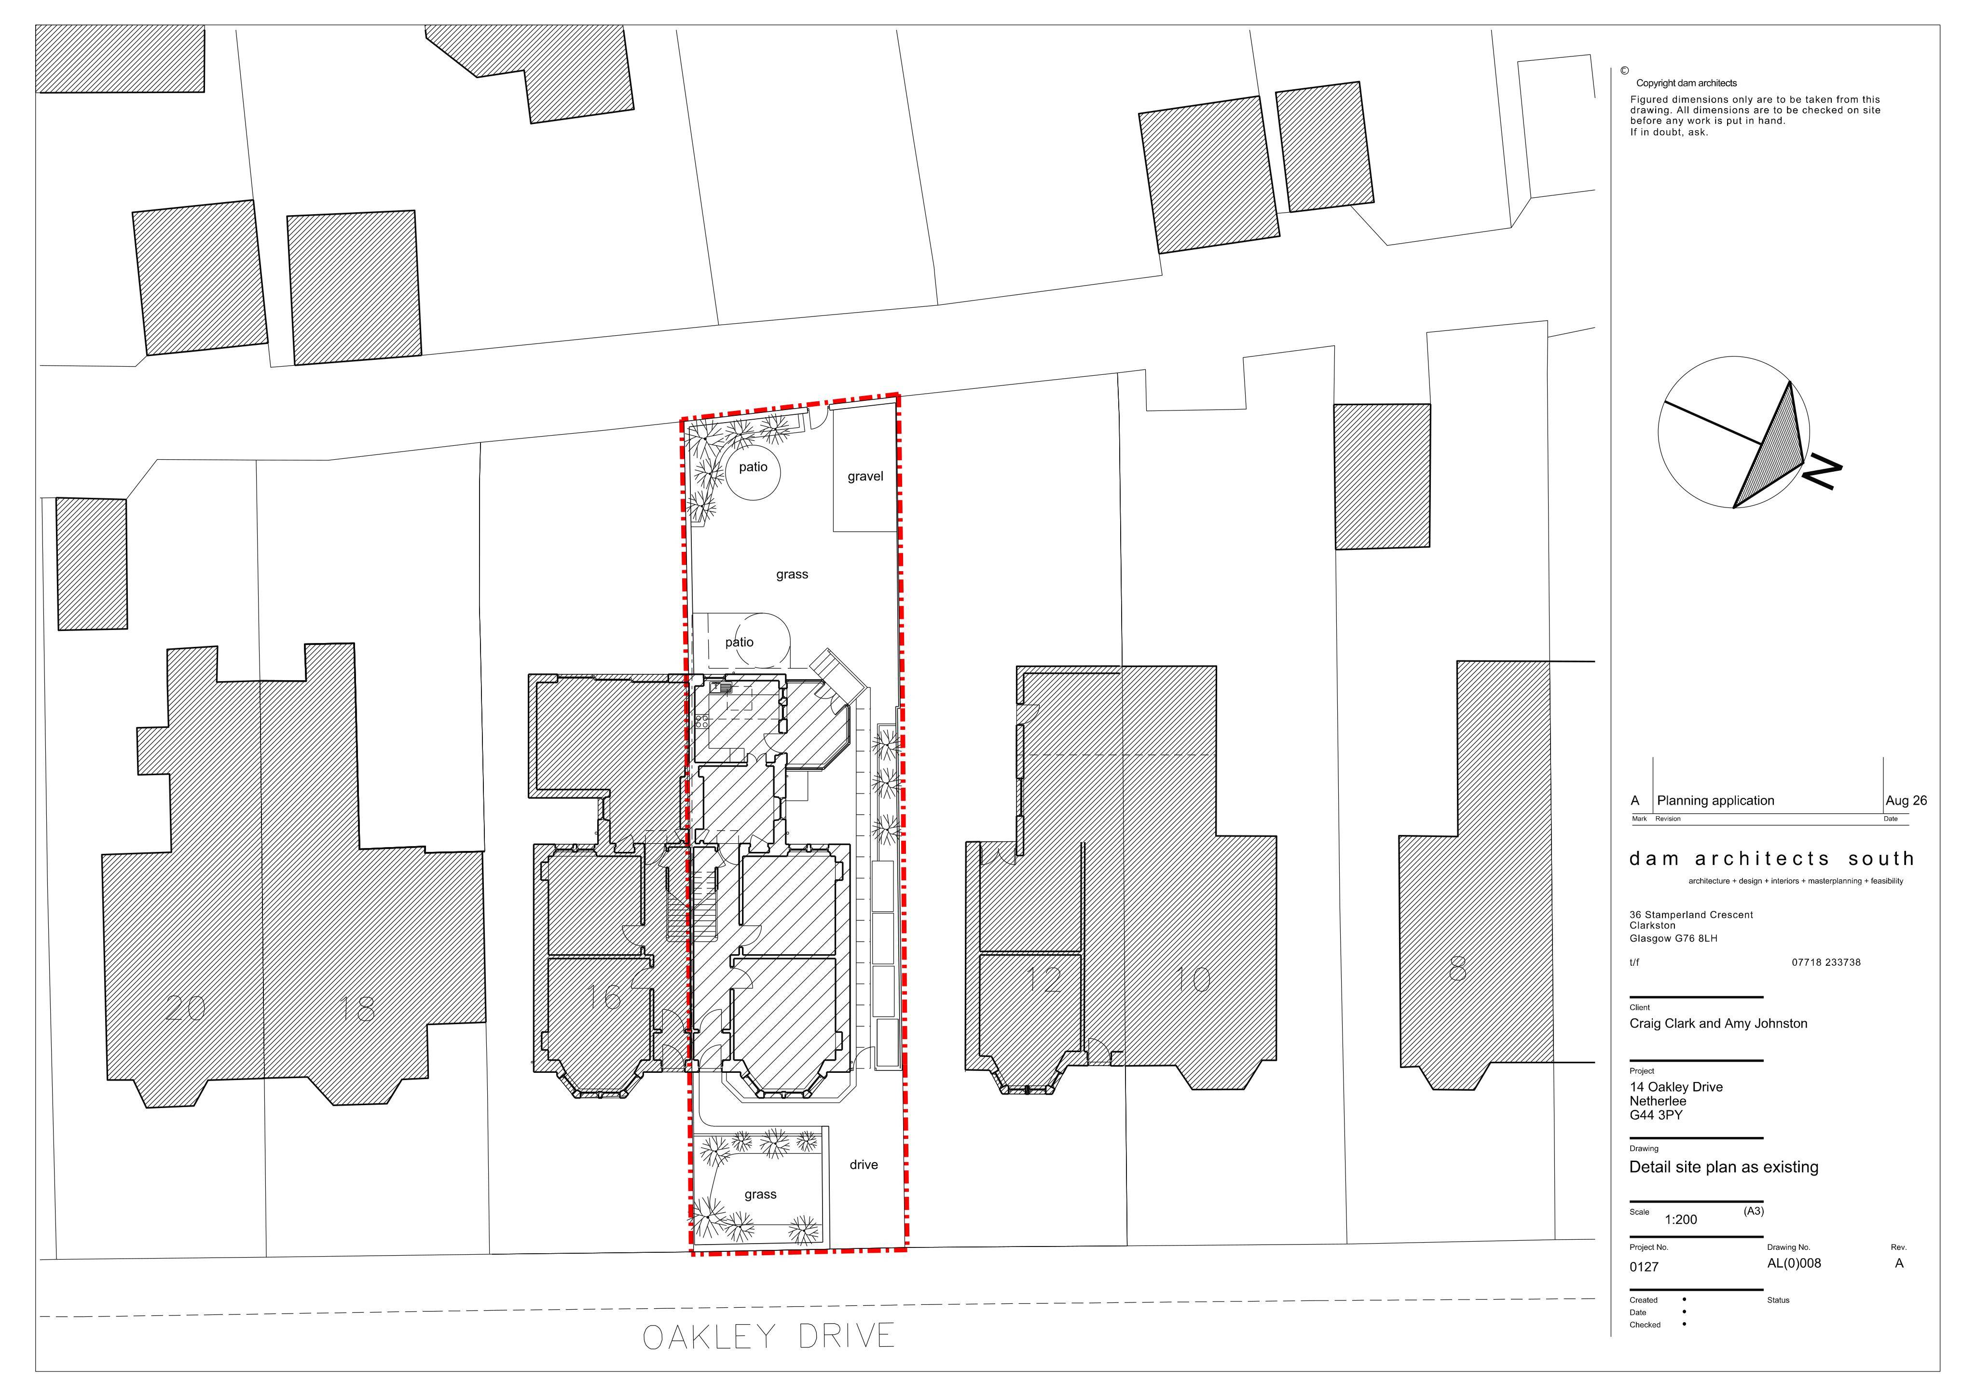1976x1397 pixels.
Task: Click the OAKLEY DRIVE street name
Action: click(x=768, y=1337)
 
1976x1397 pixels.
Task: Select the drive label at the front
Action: click(x=863, y=1164)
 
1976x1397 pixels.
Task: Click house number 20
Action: click(x=185, y=1008)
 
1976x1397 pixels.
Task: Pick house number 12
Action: click(x=1045, y=980)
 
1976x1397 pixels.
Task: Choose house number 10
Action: click(x=1194, y=980)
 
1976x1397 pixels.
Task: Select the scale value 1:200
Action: click(x=1681, y=1219)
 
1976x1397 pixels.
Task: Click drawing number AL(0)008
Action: click(x=1795, y=1263)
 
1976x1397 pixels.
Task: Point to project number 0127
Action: click(x=1644, y=1267)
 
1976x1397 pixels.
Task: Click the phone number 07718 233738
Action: click(x=1826, y=962)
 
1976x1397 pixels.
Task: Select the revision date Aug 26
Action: click(x=1906, y=800)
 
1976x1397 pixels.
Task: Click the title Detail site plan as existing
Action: click(x=1724, y=1167)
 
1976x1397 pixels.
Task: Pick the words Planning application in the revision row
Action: click(x=1715, y=800)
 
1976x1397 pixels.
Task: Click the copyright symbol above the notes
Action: click(x=1625, y=70)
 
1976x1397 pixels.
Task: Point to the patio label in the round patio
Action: click(x=753, y=466)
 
